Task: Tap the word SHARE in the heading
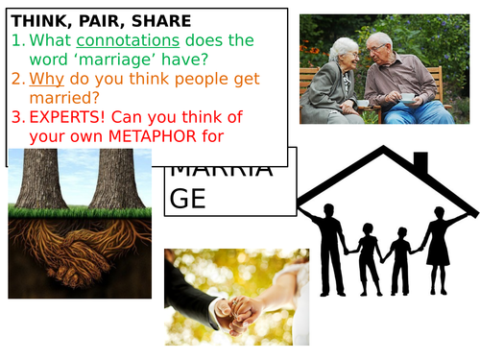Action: tap(159, 20)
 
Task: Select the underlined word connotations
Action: tap(128, 41)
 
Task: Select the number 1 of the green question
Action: tap(17, 41)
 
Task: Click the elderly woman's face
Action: tap(344, 52)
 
